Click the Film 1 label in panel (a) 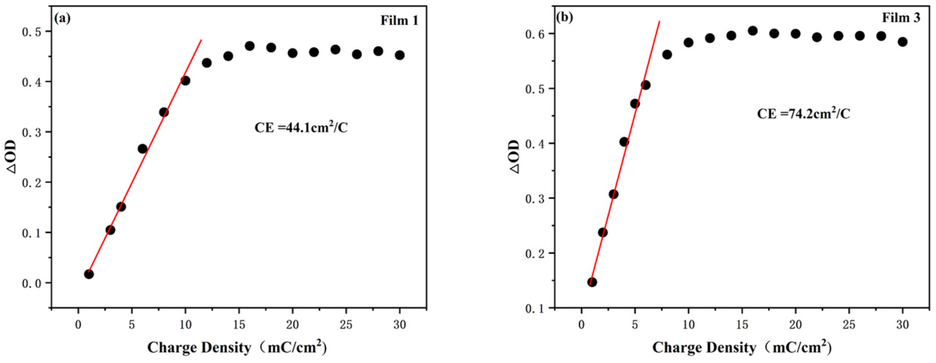[399, 21]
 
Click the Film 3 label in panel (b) [901, 18]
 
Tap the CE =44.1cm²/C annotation [301, 128]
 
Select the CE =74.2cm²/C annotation [803, 114]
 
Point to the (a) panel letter [62, 18]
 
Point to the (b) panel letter [565, 17]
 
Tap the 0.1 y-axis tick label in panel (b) [536, 308]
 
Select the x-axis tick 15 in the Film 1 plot [239, 325]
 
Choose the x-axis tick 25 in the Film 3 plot [849, 325]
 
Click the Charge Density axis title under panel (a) [237, 347]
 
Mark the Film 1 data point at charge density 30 [400, 55]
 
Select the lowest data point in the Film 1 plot [89, 274]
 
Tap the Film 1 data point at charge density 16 [250, 46]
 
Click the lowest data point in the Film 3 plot [592, 282]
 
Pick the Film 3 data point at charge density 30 [903, 42]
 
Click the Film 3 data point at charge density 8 [667, 55]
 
